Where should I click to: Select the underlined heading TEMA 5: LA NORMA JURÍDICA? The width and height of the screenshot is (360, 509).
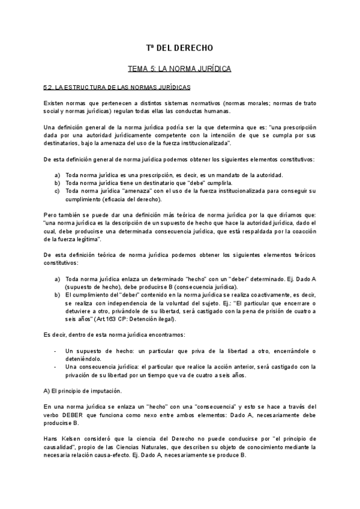click(180, 70)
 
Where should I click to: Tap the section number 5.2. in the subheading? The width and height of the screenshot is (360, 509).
click(50, 88)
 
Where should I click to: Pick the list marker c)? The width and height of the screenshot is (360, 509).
click(57, 191)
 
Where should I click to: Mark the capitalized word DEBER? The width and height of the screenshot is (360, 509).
click(74, 415)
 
